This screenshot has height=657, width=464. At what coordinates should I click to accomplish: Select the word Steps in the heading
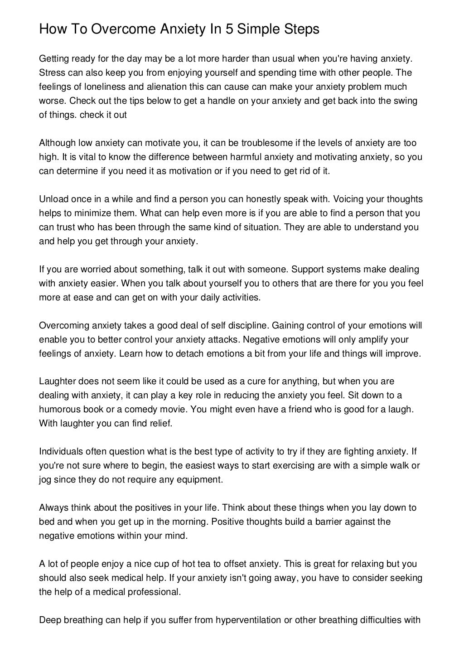coord(300,29)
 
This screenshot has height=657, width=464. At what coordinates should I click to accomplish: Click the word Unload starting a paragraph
coord(53,199)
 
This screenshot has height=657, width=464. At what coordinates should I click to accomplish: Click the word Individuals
coord(61,452)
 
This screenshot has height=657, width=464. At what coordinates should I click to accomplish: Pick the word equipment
coord(201,480)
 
